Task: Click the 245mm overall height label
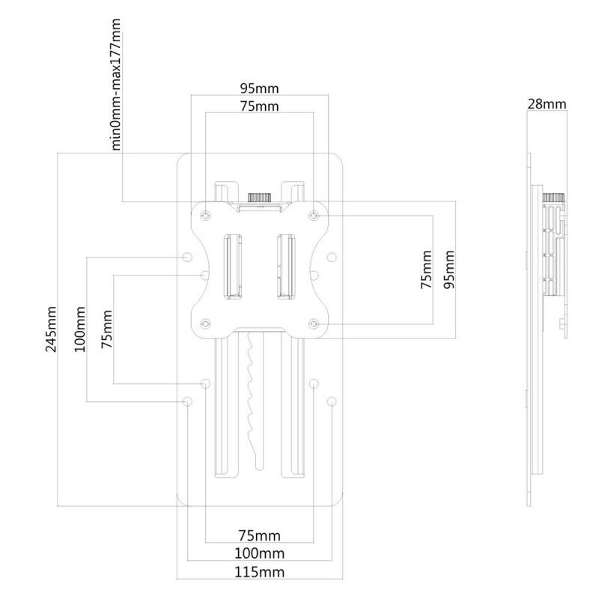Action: [x=51, y=329]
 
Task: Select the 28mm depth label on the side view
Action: [x=547, y=104]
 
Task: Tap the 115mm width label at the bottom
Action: [x=259, y=572]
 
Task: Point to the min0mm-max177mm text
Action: [x=116, y=85]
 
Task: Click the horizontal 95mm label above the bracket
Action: [x=259, y=88]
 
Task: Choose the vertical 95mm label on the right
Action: [x=450, y=270]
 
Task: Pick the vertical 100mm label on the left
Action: [x=80, y=329]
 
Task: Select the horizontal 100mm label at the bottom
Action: [x=259, y=553]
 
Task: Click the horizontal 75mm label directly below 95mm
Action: [x=259, y=106]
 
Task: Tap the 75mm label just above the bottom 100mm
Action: [x=259, y=535]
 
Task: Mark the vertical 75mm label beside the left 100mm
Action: [x=107, y=329]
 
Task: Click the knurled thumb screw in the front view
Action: [x=260, y=198]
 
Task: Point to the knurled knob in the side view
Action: [x=554, y=198]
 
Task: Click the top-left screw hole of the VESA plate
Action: [x=205, y=216]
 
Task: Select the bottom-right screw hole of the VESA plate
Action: [x=314, y=324]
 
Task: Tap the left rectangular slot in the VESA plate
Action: [x=232, y=267]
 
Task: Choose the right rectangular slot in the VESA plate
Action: [x=286, y=267]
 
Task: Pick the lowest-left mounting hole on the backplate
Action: [x=187, y=401]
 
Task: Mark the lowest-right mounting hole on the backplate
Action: [x=332, y=401]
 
